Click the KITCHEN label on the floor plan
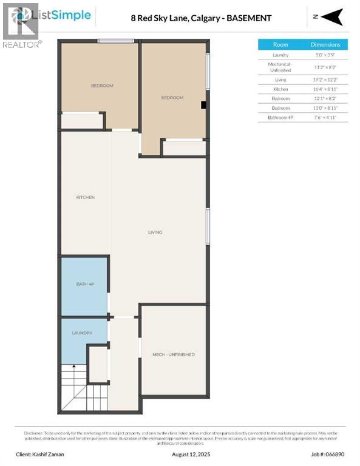coord(85,197)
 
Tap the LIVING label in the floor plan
coord(155,232)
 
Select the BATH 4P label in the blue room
coord(84,285)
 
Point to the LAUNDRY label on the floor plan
coord(81,333)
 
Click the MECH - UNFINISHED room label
coord(174,354)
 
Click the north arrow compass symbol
coord(331,18)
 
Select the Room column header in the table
coord(280,44)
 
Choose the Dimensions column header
coord(325,44)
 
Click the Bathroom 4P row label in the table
coord(280,117)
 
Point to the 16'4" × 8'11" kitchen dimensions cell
coord(325,88)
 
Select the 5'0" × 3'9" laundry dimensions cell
coord(325,55)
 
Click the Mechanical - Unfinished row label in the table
coord(280,67)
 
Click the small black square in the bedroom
coord(204,104)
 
